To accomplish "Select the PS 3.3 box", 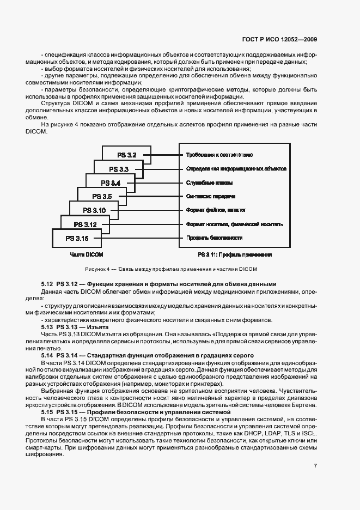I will click(x=119, y=169).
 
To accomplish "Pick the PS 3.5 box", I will click(x=102, y=196).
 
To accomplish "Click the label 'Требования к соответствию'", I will click(x=219, y=155).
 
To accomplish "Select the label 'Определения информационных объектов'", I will click(x=236, y=169).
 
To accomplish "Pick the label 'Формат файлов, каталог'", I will click(x=216, y=210).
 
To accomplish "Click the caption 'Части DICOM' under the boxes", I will click(x=87, y=254).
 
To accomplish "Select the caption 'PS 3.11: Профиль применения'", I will click(x=227, y=254).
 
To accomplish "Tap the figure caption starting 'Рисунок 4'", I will click(x=170, y=269).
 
